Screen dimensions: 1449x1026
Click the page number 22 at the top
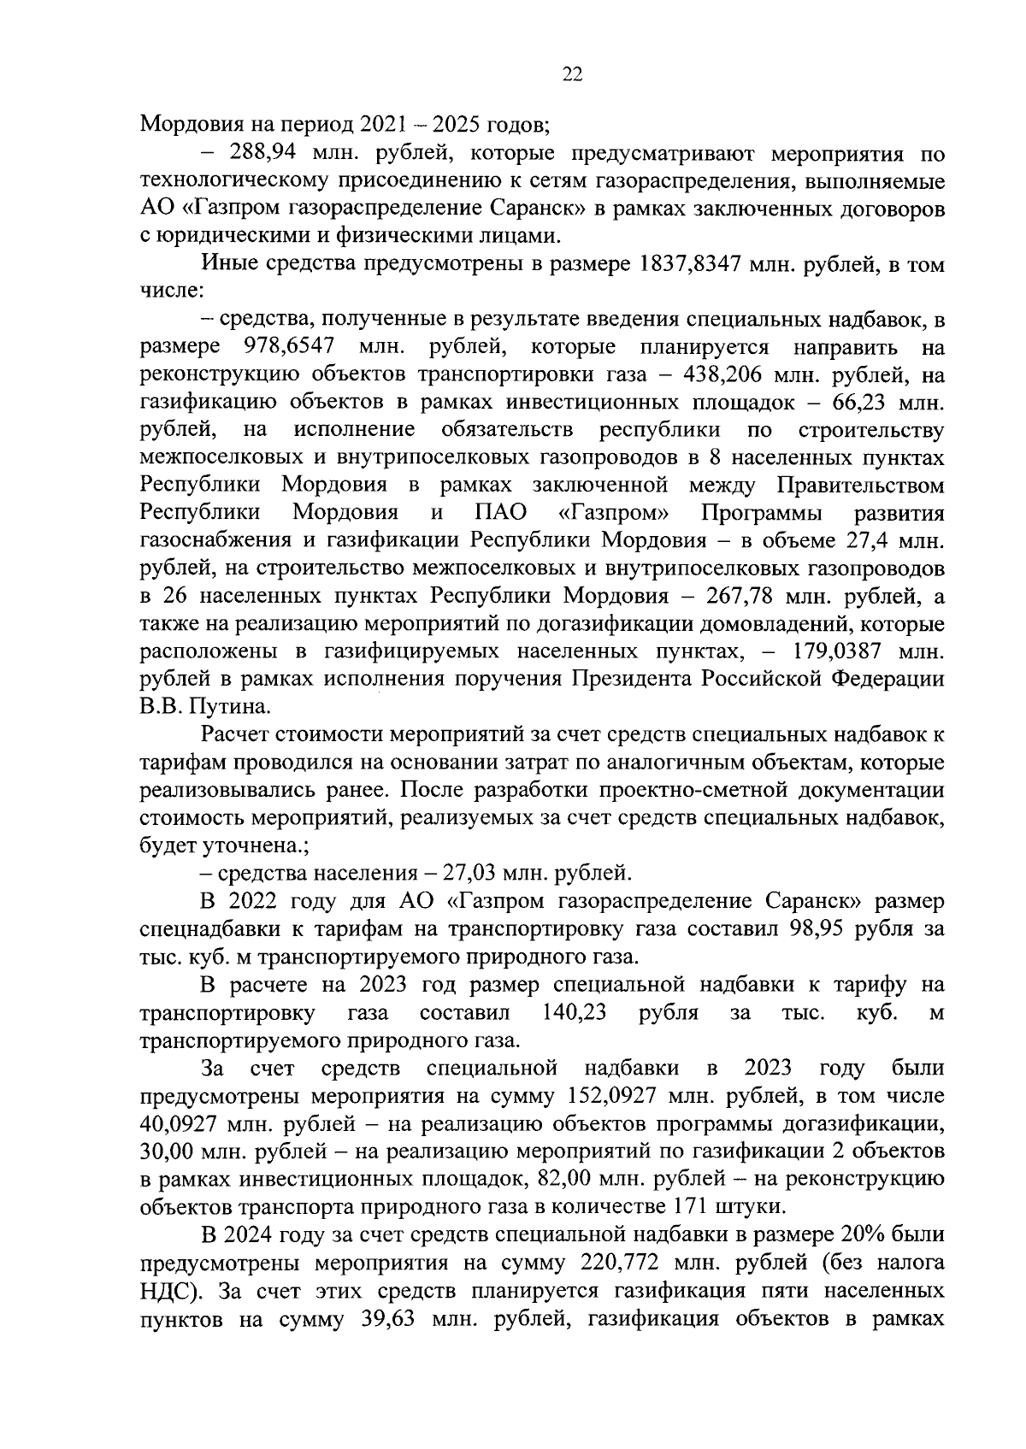coord(572,75)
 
